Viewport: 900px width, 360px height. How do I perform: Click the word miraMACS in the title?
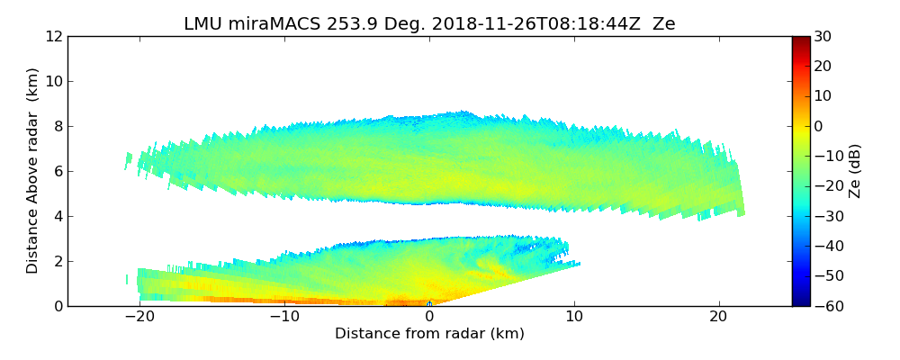(x=269, y=24)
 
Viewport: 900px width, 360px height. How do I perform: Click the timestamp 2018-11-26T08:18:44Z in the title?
(x=526, y=24)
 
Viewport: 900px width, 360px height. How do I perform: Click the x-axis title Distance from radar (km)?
(x=429, y=334)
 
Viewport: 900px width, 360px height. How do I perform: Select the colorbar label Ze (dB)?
(x=855, y=171)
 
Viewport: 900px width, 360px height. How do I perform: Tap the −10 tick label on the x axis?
(x=284, y=317)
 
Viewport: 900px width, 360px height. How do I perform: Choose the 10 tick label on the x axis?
(x=574, y=317)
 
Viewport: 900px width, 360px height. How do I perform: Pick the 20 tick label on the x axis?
(x=718, y=317)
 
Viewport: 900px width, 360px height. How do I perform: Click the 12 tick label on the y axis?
(x=53, y=36)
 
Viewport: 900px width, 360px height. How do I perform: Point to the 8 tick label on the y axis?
(x=58, y=126)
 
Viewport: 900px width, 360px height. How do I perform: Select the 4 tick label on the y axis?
(x=58, y=216)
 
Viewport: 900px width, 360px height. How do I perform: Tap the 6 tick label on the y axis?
(x=58, y=171)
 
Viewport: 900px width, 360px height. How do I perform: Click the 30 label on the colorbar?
(x=822, y=36)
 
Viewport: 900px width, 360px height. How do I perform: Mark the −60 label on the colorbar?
(x=825, y=306)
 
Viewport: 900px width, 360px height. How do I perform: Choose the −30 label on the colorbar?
(x=825, y=216)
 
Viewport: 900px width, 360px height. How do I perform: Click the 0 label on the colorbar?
(x=818, y=126)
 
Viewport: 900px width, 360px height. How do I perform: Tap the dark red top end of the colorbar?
(x=801, y=40)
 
